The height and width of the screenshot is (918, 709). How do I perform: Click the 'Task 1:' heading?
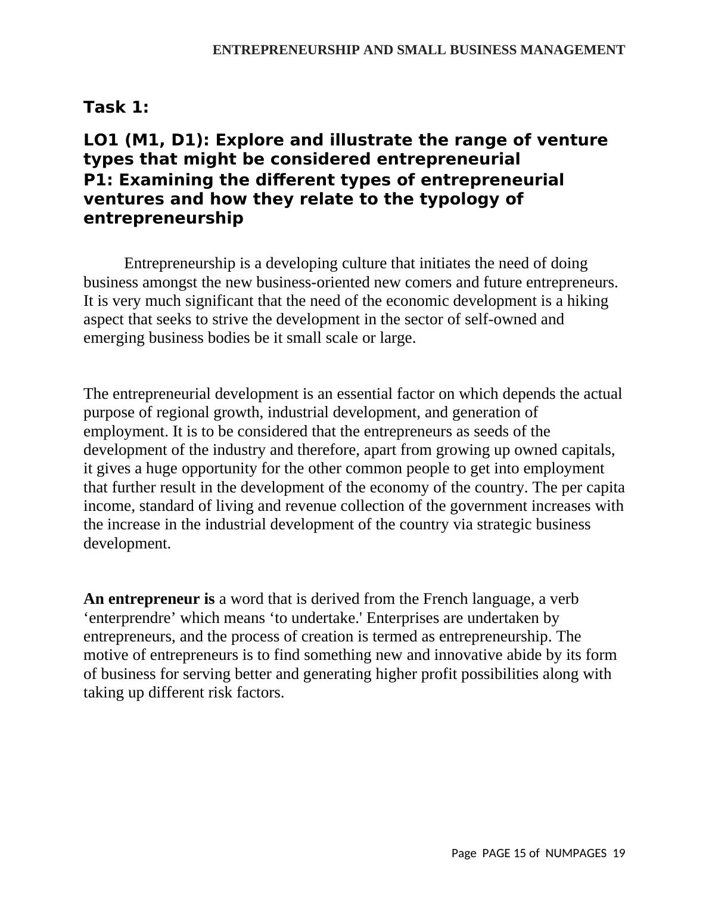pos(116,107)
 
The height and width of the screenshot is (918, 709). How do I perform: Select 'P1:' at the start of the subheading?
pos(98,180)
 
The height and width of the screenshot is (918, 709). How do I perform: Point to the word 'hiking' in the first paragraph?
pos(587,301)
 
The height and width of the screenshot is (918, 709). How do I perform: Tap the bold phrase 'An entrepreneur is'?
pos(149,599)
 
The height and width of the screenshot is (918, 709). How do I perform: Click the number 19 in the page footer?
pos(618,854)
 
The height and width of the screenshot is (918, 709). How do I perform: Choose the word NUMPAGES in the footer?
pos(576,854)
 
